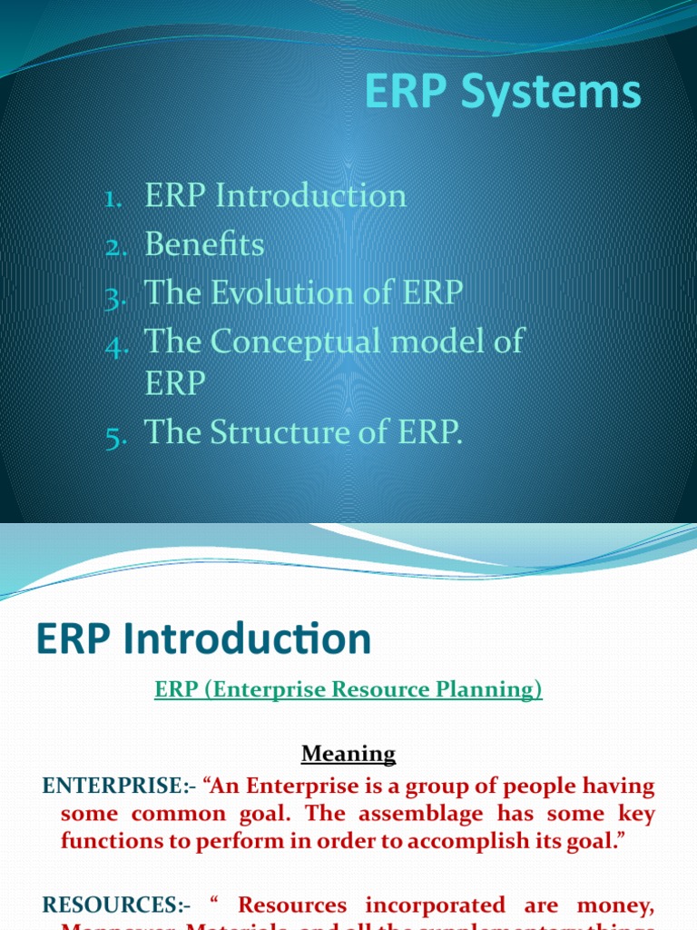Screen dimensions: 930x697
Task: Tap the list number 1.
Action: click(x=113, y=198)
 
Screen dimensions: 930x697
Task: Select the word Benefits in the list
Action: click(x=204, y=244)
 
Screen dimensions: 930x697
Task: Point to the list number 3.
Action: click(x=113, y=295)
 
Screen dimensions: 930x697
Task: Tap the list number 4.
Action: click(x=113, y=344)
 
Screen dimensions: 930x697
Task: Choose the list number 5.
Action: click(x=113, y=436)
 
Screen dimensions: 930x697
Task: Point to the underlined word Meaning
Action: click(x=348, y=753)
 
